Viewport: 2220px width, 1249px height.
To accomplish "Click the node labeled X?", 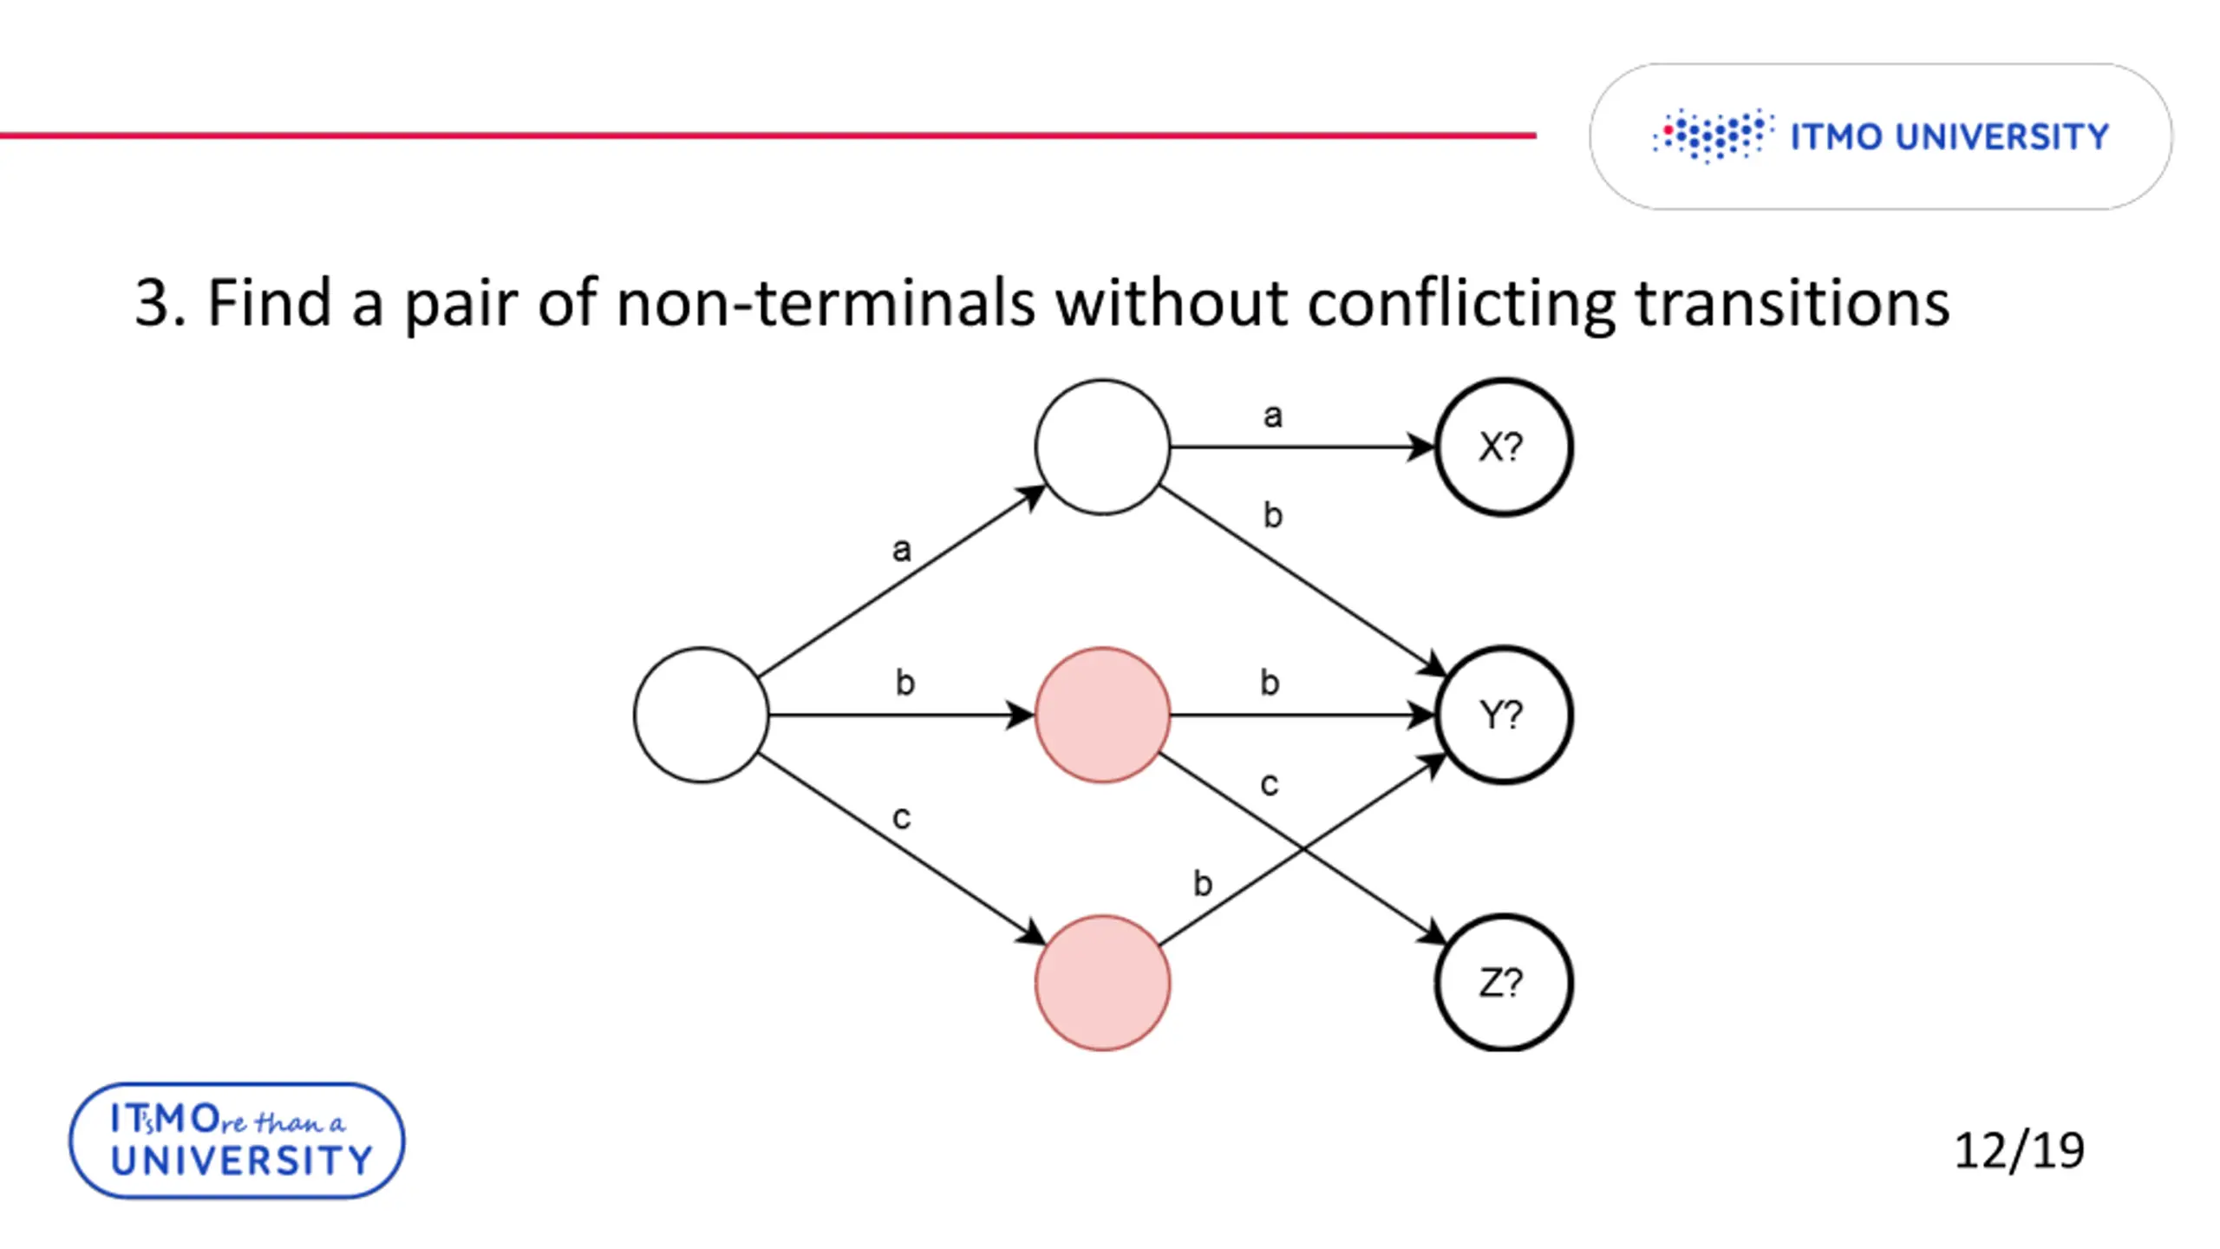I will [x=1503, y=447].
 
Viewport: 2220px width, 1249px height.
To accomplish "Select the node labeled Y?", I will [x=1503, y=715].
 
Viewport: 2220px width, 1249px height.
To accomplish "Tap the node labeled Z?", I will [x=1503, y=983].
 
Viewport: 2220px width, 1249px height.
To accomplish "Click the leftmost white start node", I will [x=701, y=715].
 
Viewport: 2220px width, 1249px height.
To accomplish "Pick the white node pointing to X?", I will [x=1102, y=447].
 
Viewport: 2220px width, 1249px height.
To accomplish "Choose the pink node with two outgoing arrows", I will [x=1102, y=715].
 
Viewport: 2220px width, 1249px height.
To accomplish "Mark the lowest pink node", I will [x=1102, y=983].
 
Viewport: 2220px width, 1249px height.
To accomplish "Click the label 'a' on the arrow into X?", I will [x=1272, y=416].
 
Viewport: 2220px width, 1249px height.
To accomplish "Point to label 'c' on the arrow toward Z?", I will [x=1269, y=784].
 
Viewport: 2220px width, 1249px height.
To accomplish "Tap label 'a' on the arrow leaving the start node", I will [x=902, y=549].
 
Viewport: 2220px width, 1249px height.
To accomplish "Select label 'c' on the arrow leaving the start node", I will [x=902, y=817].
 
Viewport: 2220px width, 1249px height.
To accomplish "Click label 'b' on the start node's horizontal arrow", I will [x=904, y=683].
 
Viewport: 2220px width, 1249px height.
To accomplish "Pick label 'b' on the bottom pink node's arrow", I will [x=1202, y=884].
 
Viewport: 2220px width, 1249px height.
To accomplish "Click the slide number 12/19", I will [x=2019, y=1151].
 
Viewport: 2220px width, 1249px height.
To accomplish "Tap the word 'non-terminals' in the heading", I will [x=825, y=303].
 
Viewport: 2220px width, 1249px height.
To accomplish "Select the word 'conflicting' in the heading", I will [x=1460, y=303].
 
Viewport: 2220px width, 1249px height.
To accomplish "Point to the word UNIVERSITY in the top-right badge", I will [x=2002, y=137].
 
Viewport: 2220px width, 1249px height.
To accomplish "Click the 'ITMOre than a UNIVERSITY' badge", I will [x=237, y=1141].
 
